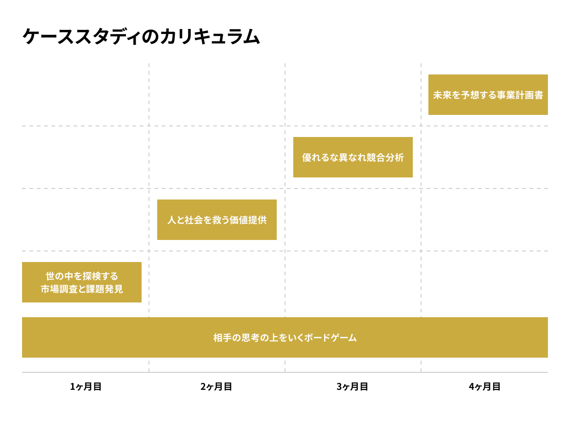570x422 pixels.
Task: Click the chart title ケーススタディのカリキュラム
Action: point(141,37)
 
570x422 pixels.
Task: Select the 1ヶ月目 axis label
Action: point(85,387)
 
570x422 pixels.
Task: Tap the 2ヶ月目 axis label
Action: point(216,387)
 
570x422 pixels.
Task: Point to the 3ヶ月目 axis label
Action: point(352,387)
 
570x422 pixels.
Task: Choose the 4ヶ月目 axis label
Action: point(484,387)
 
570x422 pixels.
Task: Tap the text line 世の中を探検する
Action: point(82,276)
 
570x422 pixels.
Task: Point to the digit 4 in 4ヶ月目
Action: point(472,387)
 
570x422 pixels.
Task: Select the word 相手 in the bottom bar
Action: point(223,338)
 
